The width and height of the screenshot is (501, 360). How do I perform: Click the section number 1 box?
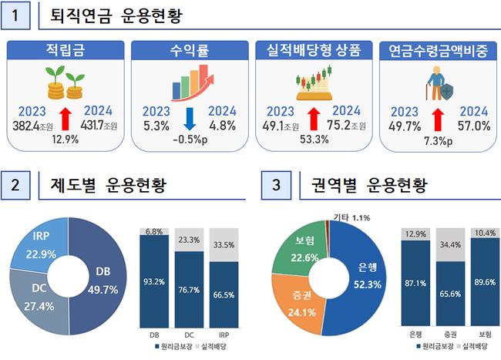click(18, 15)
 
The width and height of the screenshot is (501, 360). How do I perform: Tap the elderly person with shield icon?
click(437, 83)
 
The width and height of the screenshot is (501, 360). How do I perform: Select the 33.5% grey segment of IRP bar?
click(223, 246)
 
